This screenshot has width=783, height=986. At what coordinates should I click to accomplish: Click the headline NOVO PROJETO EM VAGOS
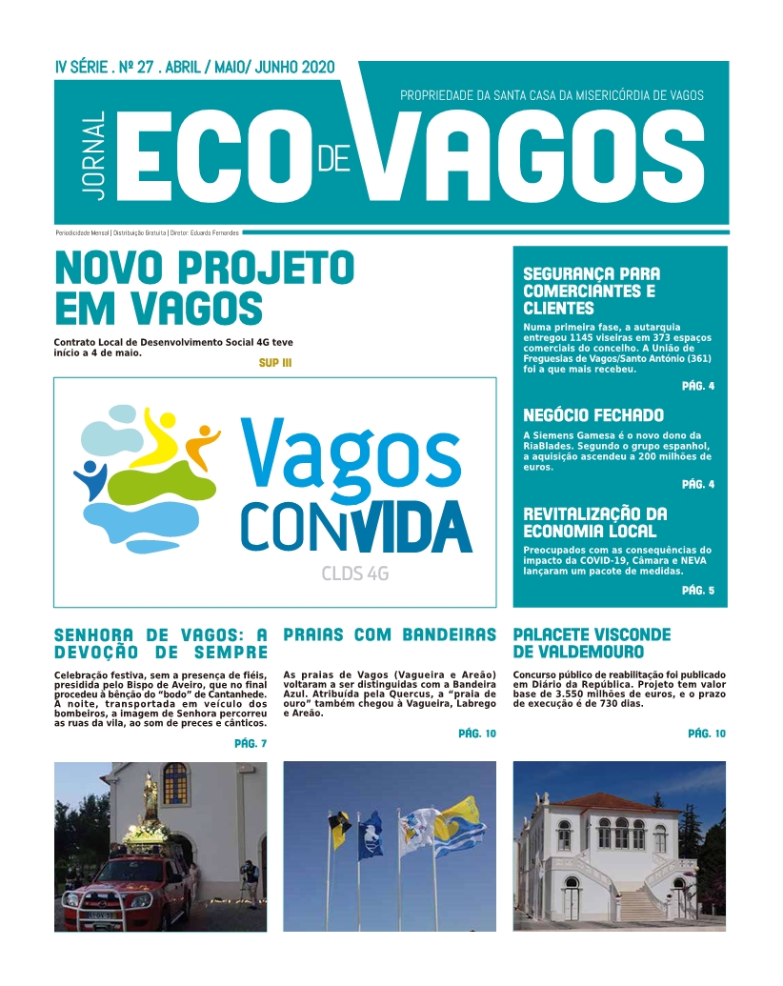click(x=204, y=287)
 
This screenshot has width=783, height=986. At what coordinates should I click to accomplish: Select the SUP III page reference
click(x=274, y=363)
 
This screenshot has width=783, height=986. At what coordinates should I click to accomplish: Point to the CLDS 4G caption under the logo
click(x=348, y=574)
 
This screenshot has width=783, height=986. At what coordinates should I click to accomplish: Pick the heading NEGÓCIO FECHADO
click(x=593, y=415)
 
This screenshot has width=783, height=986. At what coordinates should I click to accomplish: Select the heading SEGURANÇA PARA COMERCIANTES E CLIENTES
click(x=592, y=291)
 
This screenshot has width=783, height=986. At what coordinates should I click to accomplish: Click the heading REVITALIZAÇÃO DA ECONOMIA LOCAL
click(x=595, y=522)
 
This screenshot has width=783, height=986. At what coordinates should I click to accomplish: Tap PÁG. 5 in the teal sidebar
click(x=697, y=591)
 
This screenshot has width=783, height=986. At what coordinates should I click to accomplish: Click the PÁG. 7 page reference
click(x=250, y=743)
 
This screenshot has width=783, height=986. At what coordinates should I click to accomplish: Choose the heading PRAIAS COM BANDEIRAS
click(x=390, y=634)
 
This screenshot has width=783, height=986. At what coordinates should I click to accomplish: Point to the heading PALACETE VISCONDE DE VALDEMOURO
click(x=592, y=643)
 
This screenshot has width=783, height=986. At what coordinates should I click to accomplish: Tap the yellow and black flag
click(x=341, y=829)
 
